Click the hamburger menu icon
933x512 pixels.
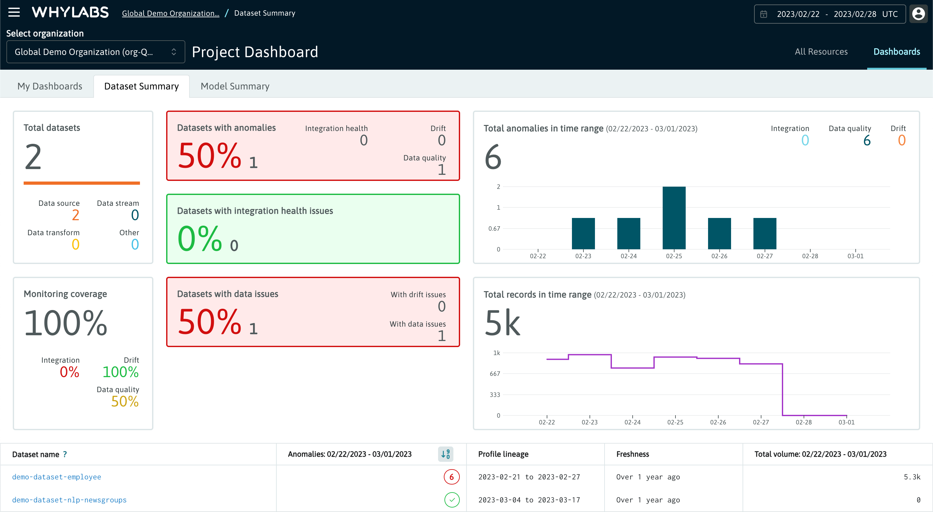tap(14, 12)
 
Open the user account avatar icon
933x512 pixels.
tap(918, 14)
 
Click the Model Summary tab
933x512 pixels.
tap(235, 86)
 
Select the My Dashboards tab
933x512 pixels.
tap(50, 86)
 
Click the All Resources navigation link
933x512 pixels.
tap(821, 51)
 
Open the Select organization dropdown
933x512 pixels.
tap(96, 52)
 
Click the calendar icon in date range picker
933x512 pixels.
tap(764, 14)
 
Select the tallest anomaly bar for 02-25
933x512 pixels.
tap(674, 217)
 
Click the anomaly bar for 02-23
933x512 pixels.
tap(583, 233)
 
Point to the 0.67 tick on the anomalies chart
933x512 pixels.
tap(494, 229)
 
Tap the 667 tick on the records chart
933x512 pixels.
tap(495, 374)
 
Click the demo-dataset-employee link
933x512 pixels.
tap(57, 477)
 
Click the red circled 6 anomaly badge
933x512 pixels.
tap(451, 477)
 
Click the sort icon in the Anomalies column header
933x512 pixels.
tap(445, 454)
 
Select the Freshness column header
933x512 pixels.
tap(632, 454)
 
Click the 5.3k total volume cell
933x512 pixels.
tap(911, 477)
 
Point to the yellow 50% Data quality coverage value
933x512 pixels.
tap(125, 401)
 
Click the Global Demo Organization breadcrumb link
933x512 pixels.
tap(170, 13)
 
